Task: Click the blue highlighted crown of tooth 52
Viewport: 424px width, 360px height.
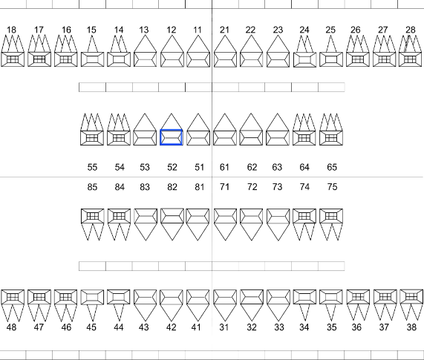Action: click(172, 137)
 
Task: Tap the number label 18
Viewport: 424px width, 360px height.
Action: click(11, 30)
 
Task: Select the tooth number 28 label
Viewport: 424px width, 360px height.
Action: click(411, 30)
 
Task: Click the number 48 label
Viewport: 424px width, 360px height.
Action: click(11, 327)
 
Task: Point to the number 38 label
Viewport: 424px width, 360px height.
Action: click(411, 327)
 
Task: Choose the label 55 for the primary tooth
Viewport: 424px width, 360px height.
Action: click(92, 167)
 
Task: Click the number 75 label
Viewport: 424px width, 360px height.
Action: click(333, 187)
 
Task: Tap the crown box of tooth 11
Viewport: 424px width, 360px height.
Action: click(198, 59)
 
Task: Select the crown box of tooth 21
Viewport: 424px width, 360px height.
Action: click(225, 59)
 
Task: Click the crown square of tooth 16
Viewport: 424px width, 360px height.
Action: click(65, 59)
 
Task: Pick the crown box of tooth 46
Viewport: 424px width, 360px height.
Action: click(65, 297)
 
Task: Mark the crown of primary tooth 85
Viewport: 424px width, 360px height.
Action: click(93, 216)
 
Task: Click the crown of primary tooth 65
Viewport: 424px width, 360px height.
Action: click(331, 138)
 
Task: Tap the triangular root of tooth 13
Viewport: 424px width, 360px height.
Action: click(145, 44)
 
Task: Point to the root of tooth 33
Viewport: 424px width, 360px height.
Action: click(278, 312)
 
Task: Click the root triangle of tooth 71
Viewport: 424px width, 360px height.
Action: click(225, 232)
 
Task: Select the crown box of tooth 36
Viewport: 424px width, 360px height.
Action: click(358, 297)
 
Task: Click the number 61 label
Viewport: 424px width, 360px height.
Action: click(224, 167)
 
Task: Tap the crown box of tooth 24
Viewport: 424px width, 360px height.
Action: click(304, 59)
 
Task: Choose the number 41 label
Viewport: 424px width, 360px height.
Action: click(196, 327)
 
